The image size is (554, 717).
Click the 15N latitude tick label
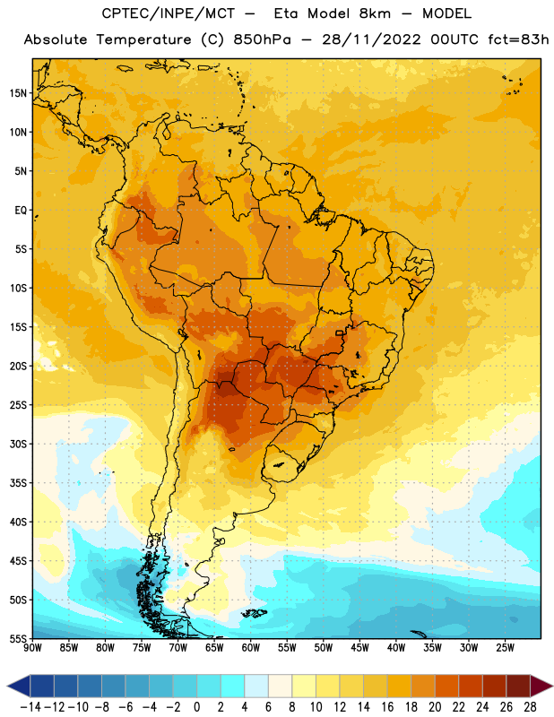(x=18, y=93)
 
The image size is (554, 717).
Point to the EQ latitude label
(x=21, y=211)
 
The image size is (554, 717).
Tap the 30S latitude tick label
(x=18, y=444)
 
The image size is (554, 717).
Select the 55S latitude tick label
(x=18, y=639)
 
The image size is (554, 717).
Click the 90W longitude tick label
(x=32, y=648)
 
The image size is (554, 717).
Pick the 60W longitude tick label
(x=251, y=648)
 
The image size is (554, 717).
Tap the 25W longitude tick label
(x=505, y=648)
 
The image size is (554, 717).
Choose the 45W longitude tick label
(x=359, y=648)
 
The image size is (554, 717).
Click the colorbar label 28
(x=530, y=707)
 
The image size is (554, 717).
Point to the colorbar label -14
(x=30, y=707)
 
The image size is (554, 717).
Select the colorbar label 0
(x=196, y=707)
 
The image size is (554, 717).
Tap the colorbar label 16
(x=387, y=707)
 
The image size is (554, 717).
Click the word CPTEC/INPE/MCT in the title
(x=168, y=14)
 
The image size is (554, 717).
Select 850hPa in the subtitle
(x=262, y=39)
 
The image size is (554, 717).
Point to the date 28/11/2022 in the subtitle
(x=371, y=39)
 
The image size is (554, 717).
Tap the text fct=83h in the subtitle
(x=518, y=39)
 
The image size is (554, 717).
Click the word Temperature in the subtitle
(x=143, y=40)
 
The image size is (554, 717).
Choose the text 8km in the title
(x=376, y=14)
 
